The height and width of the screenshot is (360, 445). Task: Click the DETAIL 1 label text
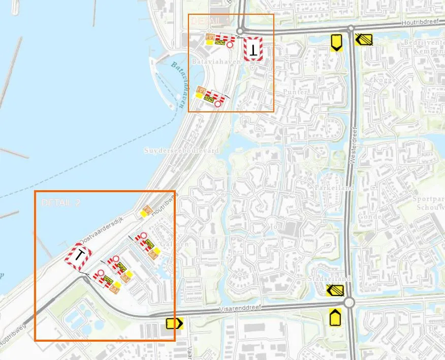[x=209, y=20]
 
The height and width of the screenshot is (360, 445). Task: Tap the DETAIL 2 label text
[x=61, y=202]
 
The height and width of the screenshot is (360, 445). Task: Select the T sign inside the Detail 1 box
[x=252, y=49]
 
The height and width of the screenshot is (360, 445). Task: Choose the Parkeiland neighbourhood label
[x=330, y=187]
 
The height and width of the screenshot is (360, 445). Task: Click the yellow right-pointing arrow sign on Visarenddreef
[x=174, y=323]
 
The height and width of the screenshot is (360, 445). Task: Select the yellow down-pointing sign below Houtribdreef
[x=335, y=42]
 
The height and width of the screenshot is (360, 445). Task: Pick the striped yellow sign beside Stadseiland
[x=335, y=291]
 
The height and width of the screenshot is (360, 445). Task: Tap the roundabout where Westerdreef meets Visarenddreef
[x=348, y=303]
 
